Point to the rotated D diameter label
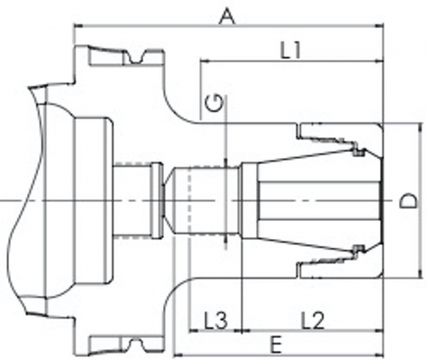click(x=408, y=201)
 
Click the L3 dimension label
click(x=210, y=320)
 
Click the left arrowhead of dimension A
click(x=78, y=26)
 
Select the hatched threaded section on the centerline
click(x=131, y=201)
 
